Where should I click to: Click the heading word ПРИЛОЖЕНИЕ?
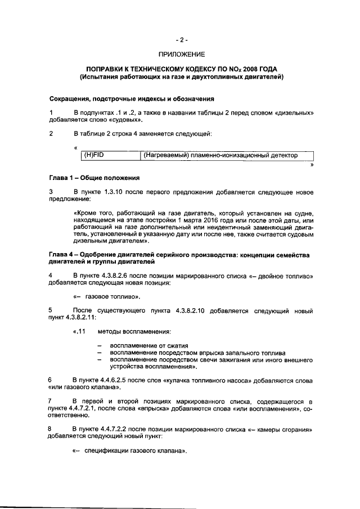(x=181, y=55)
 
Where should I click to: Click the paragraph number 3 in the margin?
(x=51, y=192)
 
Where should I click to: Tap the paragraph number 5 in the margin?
(x=51, y=310)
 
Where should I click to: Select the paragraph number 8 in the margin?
(x=51, y=429)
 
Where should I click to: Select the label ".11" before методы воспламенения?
(x=79, y=331)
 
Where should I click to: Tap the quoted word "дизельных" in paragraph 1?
(x=293, y=112)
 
